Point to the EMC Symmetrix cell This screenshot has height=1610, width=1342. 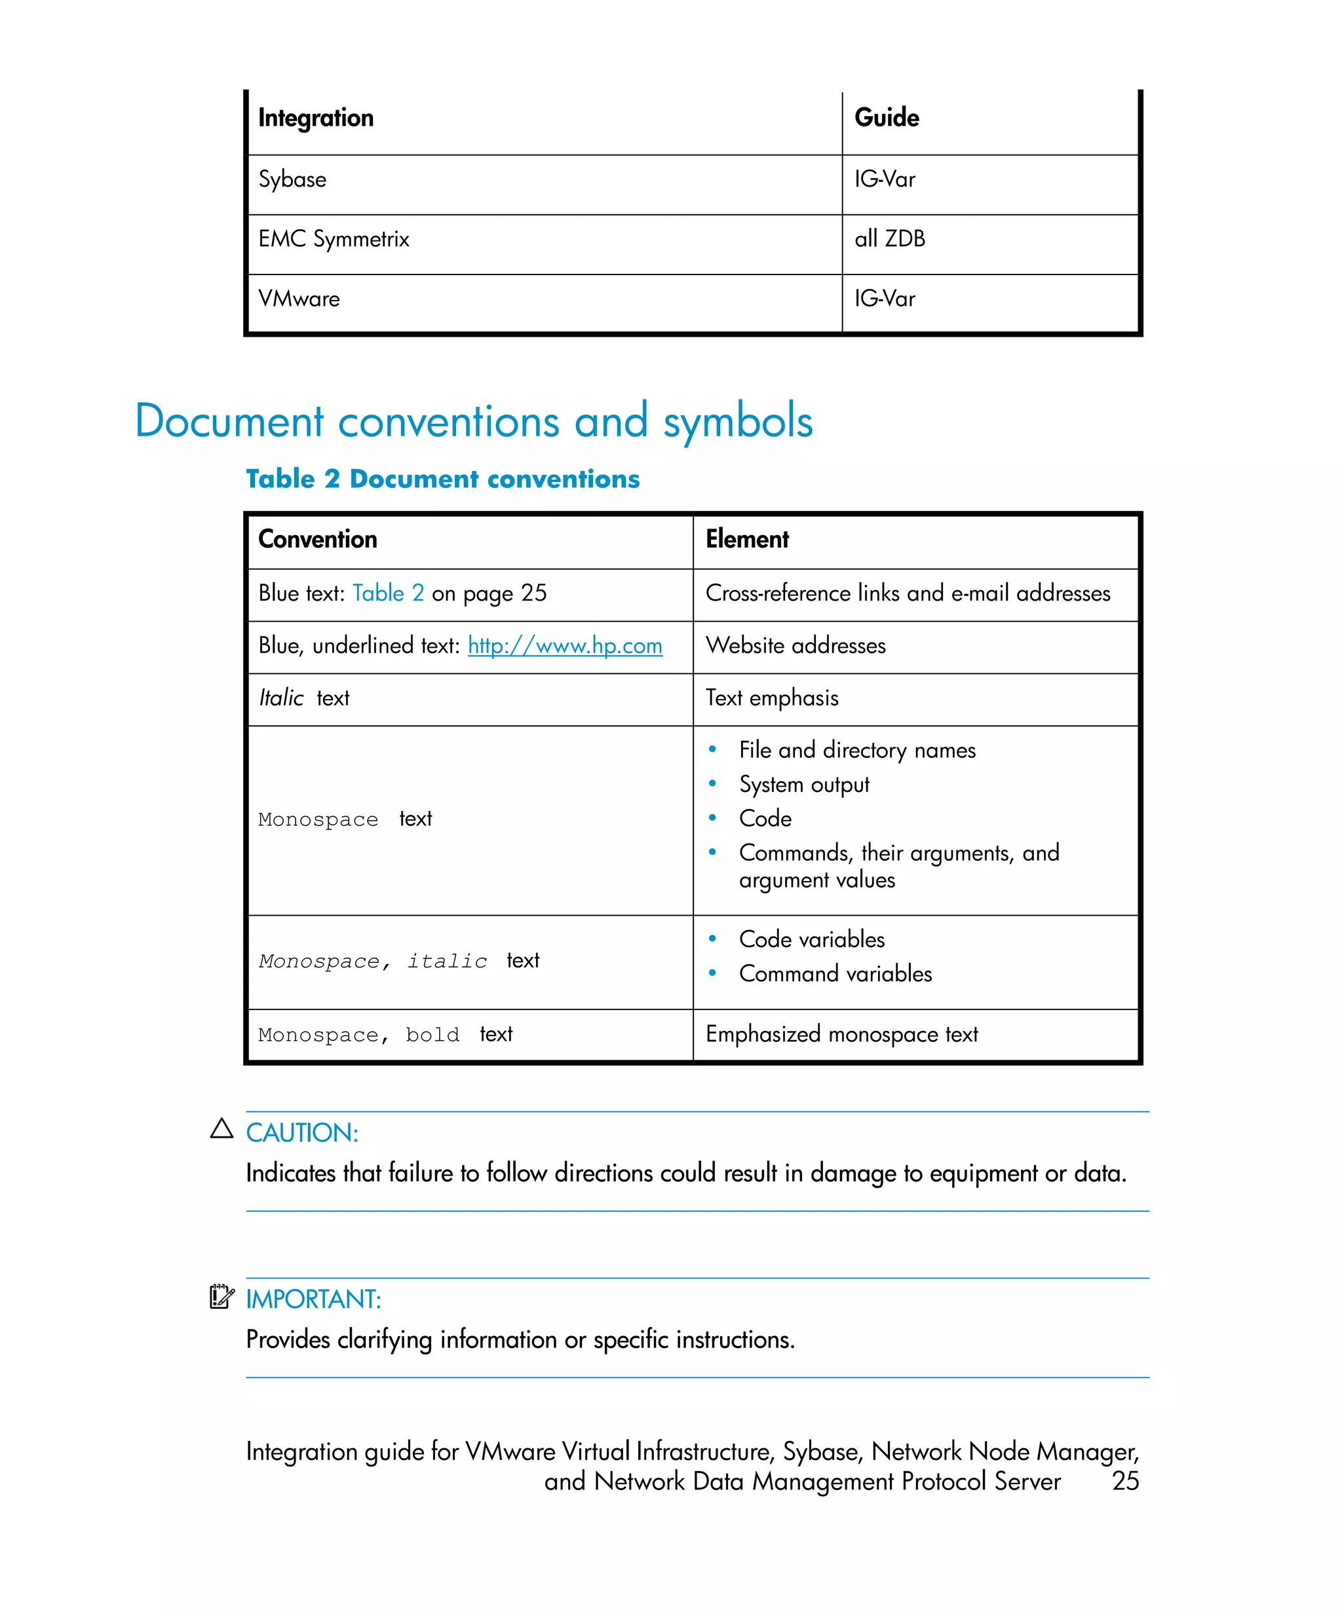tap(334, 239)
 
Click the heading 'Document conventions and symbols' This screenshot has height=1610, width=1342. tap(473, 421)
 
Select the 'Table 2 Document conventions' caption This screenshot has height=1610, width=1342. tap(442, 479)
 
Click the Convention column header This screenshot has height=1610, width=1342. tap(317, 540)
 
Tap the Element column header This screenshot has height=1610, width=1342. tap(746, 540)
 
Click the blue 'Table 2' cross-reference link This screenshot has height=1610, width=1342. tap(388, 593)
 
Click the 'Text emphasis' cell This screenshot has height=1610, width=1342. tap(771, 698)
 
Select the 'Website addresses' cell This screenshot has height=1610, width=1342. tap(796, 646)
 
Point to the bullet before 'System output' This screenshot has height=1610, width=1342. tap(712, 783)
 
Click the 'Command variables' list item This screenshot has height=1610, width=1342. tap(834, 974)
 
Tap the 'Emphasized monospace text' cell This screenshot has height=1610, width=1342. tap(841, 1035)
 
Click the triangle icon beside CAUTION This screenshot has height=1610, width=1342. tap(221, 1129)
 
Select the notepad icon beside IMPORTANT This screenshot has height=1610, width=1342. tap(221, 1296)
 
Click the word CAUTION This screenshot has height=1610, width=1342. tap(301, 1133)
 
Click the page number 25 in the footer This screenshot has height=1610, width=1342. tap(1124, 1481)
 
